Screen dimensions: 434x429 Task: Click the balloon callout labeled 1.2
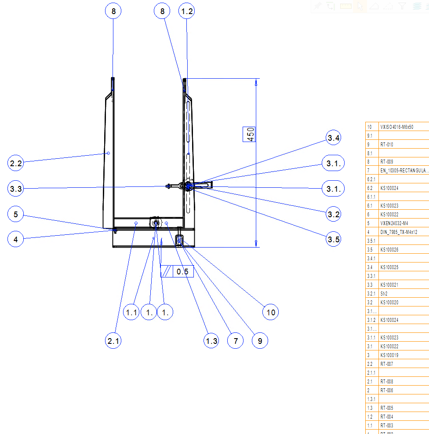pyautogui.click(x=187, y=11)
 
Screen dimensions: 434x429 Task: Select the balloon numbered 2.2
pyautogui.click(x=16, y=164)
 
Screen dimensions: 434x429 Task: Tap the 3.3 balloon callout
pyautogui.click(x=16, y=189)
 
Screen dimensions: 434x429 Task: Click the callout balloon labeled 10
pyautogui.click(x=271, y=312)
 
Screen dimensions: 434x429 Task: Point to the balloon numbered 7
pyautogui.click(x=236, y=341)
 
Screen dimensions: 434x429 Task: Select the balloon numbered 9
pyautogui.click(x=260, y=341)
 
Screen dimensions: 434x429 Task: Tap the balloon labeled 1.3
pyautogui.click(x=211, y=341)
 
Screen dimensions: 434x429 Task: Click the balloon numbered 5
pyautogui.click(x=16, y=215)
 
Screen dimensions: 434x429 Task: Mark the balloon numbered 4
pyautogui.click(x=16, y=240)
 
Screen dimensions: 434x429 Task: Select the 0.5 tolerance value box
pyautogui.click(x=182, y=272)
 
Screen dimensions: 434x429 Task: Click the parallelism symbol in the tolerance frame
pyautogui.click(x=167, y=272)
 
